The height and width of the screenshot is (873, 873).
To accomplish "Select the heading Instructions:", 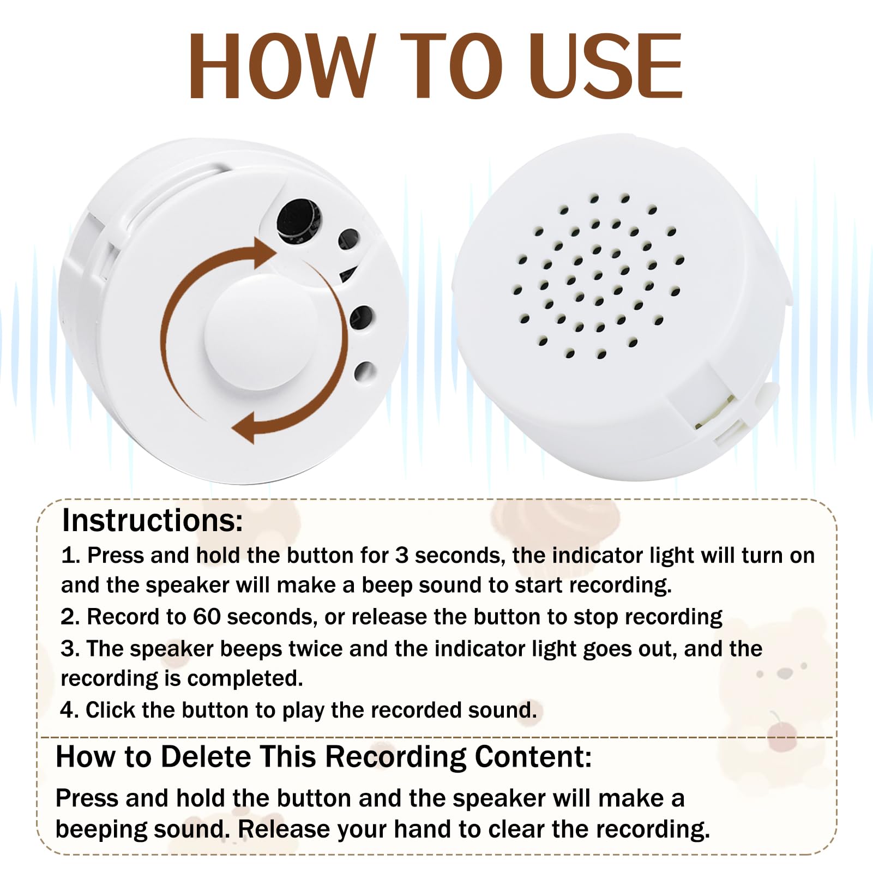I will (x=152, y=520).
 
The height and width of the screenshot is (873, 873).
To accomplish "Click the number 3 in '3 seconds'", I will (x=401, y=555).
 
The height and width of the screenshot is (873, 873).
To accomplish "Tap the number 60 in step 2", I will (x=207, y=617).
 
